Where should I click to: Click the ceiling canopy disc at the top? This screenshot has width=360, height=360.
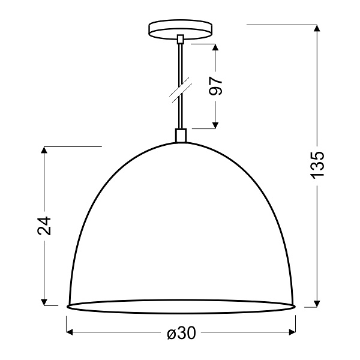(180, 30)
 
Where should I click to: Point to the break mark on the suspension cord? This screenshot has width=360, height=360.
(179, 89)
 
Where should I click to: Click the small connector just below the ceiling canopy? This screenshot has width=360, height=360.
(180, 41)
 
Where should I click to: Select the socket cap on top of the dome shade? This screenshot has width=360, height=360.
(180, 136)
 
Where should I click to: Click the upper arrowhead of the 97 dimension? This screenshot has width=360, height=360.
(217, 48)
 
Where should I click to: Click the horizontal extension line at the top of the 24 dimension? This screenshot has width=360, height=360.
(72, 146)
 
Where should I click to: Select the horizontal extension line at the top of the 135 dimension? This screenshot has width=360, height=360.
(282, 25)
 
